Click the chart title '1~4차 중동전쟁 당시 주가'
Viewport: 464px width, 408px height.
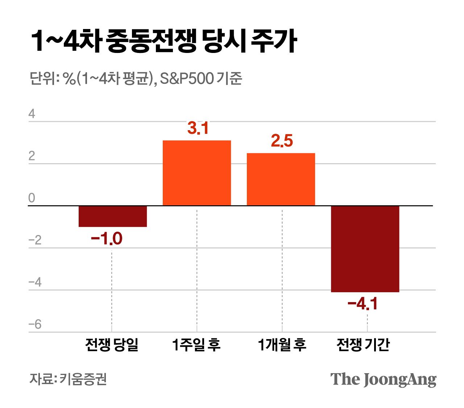point(164,41)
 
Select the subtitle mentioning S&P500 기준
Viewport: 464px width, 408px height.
point(136,78)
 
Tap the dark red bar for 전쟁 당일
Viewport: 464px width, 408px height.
point(113,216)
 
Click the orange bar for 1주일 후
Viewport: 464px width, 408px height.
point(197,173)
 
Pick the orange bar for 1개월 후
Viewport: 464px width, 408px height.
point(281,179)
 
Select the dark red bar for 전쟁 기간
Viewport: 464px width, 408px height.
point(365,249)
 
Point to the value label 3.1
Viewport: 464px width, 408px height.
point(198,128)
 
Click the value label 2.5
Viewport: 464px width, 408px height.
point(282,141)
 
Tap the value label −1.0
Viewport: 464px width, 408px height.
point(107,239)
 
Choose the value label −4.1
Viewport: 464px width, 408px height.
point(362,304)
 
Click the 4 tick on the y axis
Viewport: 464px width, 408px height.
point(32,114)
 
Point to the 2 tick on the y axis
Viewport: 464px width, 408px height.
point(32,156)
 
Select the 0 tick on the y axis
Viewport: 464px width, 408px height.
point(32,198)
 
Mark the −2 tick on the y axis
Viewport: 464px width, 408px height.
point(35,240)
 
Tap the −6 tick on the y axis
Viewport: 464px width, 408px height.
point(35,324)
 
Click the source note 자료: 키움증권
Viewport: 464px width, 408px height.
point(68,379)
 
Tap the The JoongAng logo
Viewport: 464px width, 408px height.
point(383,379)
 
